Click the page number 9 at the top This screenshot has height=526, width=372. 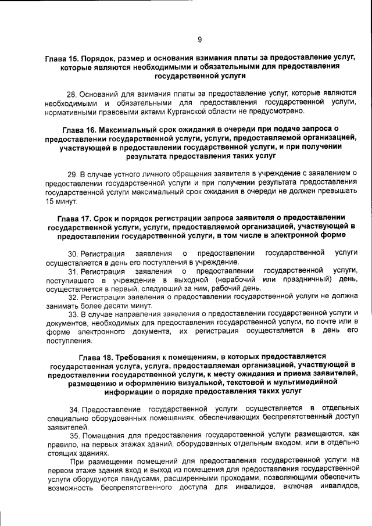[x=199, y=40]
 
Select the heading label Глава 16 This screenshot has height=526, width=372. [x=80, y=128]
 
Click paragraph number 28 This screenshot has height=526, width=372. [x=73, y=94]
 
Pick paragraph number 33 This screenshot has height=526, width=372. [x=73, y=314]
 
